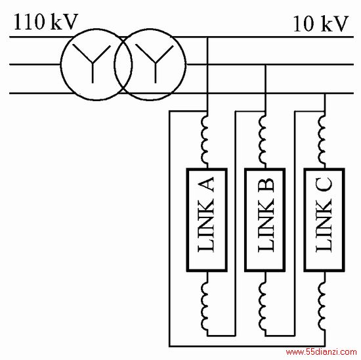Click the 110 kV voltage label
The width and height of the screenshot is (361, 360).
tap(45, 22)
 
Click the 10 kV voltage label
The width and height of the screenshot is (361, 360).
tap(321, 24)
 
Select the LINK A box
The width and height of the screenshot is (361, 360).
tap(207, 219)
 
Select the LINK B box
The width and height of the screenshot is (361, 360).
tap(265, 219)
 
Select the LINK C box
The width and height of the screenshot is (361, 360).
tap(324, 219)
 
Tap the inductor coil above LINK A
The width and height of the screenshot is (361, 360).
tap(205, 140)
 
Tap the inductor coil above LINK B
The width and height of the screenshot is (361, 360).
tap(263, 140)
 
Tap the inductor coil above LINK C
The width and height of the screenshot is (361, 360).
tap(322, 140)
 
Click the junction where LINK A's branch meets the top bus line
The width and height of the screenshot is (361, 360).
tap(207, 37)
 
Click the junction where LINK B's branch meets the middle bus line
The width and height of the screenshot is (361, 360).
tap(265, 64)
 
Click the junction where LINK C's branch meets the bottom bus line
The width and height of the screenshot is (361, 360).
tap(325, 93)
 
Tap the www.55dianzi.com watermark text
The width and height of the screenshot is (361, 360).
tap(321, 352)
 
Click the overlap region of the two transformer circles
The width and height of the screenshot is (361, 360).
tap(123, 64)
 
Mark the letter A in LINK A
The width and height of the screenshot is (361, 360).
tap(206, 185)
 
